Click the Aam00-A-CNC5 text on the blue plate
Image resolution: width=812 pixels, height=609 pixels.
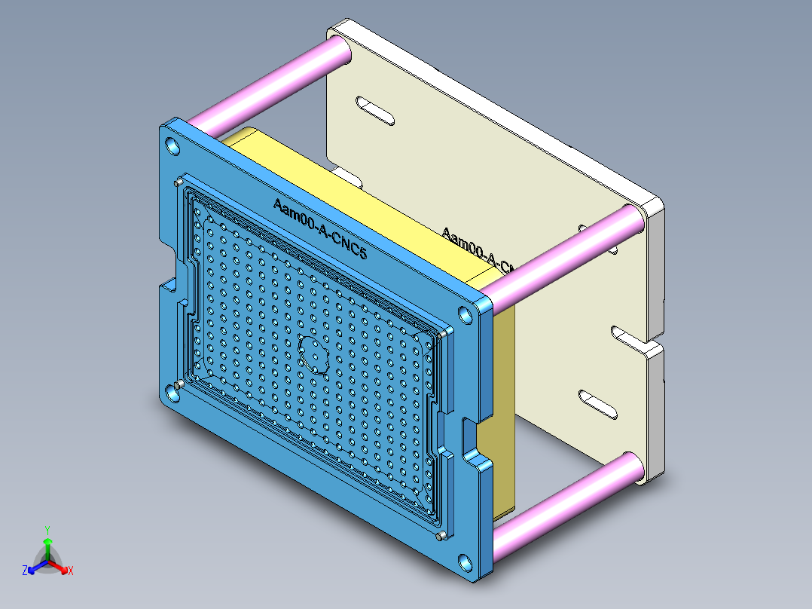pyautogui.click(x=319, y=229)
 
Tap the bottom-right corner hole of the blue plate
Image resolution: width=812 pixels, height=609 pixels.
pyautogui.click(x=466, y=562)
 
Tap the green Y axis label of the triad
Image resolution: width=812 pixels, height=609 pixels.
pyautogui.click(x=47, y=529)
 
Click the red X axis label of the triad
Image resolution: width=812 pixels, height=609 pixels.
pyautogui.click(x=71, y=571)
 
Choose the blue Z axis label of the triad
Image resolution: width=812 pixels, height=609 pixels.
pyautogui.click(x=25, y=571)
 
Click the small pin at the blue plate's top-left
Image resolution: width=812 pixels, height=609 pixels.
pyautogui.click(x=177, y=182)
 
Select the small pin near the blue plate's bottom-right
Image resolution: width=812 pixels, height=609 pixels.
pyautogui.click(x=441, y=537)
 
